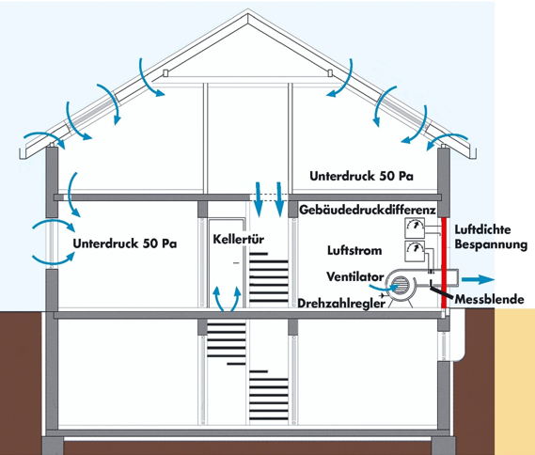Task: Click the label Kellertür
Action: (239, 239)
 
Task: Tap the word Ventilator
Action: (355, 276)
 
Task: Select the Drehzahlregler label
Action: (341, 304)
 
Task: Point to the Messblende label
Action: (490, 300)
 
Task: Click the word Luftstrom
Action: (354, 250)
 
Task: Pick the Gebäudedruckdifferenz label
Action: (368, 210)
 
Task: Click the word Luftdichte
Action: (482, 229)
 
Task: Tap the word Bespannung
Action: (491, 244)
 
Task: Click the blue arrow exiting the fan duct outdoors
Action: (478, 280)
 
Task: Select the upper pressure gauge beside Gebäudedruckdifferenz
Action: (415, 227)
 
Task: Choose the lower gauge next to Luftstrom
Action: (415, 251)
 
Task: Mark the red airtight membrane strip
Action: (444, 262)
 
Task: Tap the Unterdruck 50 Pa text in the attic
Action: (361, 176)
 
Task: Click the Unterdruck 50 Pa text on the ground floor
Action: (125, 243)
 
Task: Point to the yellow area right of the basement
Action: (514, 382)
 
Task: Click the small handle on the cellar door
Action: (236, 263)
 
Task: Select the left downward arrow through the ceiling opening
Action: (258, 199)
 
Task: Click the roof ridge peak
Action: (248, 10)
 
